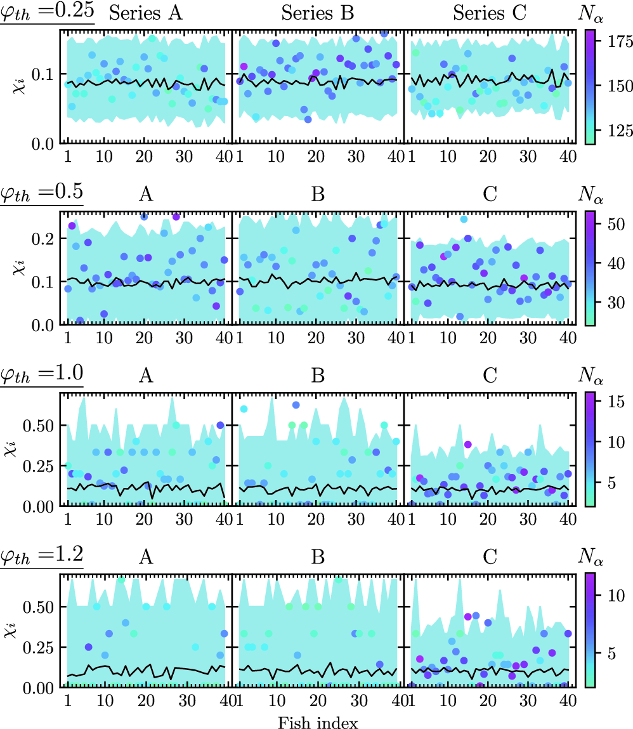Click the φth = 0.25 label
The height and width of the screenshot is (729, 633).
pos(47,13)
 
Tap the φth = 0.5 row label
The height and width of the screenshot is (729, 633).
pos(42,193)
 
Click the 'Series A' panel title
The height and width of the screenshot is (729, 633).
pos(146,14)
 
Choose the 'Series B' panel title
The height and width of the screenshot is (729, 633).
pos(318,14)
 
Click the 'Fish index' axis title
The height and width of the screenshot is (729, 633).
pos(318,721)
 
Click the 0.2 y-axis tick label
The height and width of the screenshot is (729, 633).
pos(44,239)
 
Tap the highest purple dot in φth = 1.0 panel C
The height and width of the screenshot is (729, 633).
pos(468,444)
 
